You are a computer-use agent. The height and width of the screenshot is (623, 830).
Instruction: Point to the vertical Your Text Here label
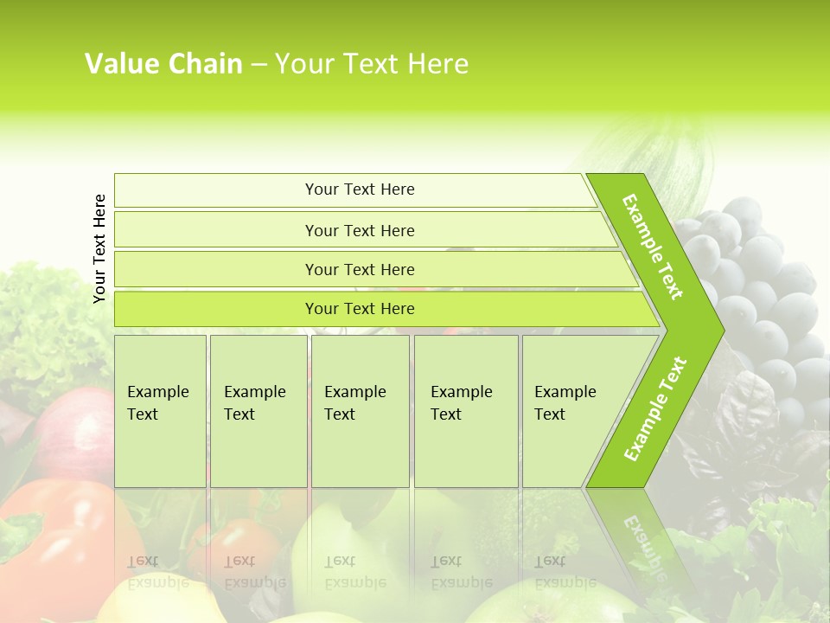(99, 248)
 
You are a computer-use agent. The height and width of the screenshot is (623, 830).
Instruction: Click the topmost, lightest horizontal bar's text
(360, 189)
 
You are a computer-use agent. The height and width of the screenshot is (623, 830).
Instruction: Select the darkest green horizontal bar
(360, 309)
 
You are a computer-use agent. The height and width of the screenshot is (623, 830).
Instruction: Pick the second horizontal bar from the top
(360, 230)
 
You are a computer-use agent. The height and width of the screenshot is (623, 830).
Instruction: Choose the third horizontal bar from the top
(360, 269)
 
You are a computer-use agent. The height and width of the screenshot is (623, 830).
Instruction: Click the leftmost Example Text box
(160, 410)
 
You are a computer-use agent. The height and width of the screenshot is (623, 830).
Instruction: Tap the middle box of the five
(360, 410)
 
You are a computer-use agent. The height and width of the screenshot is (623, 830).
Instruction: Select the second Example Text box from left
(258, 410)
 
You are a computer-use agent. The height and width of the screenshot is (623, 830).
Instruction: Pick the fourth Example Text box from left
(465, 410)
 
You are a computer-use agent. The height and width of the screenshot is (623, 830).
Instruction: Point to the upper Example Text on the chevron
(653, 247)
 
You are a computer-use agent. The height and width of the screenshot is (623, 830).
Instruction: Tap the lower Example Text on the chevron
(655, 408)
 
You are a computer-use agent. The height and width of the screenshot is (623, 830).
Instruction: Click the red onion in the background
(73, 433)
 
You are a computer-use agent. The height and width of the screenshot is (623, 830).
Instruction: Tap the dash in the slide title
(259, 65)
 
